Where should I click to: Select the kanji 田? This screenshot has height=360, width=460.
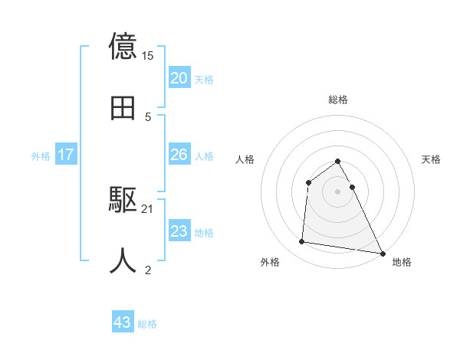click(123, 108)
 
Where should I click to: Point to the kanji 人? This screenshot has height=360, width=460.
click(123, 260)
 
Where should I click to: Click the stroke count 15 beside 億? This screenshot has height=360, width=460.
click(148, 56)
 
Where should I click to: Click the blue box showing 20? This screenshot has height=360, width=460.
click(179, 78)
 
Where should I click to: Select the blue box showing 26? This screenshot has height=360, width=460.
click(179, 155)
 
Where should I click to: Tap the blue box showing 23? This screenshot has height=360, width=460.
click(179, 231)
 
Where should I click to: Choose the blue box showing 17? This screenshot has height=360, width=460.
click(66, 155)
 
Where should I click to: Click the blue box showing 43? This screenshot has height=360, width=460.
click(123, 322)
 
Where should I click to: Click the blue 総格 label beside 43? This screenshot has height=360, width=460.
click(147, 324)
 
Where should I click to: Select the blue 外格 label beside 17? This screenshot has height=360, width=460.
click(41, 156)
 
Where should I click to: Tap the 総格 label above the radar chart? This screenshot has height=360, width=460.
click(338, 100)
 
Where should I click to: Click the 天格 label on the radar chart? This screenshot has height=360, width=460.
click(431, 159)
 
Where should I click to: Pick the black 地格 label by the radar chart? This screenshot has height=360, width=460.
click(402, 263)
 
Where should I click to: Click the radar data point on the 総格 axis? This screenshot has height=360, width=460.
click(338, 161)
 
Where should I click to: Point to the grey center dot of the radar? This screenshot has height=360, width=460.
click(338, 191)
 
